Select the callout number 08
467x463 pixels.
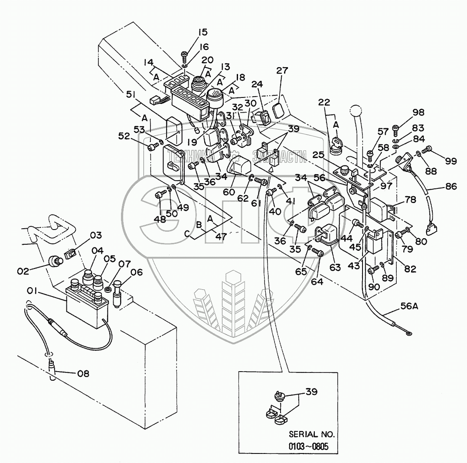(x=83, y=373)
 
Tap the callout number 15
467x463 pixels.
(x=203, y=32)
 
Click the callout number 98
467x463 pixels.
(x=418, y=113)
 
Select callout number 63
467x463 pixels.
(x=334, y=267)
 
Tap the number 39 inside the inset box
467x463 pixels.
(x=311, y=392)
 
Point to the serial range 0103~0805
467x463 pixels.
(x=311, y=446)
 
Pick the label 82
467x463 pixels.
(x=410, y=269)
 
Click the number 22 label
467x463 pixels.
(x=324, y=102)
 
